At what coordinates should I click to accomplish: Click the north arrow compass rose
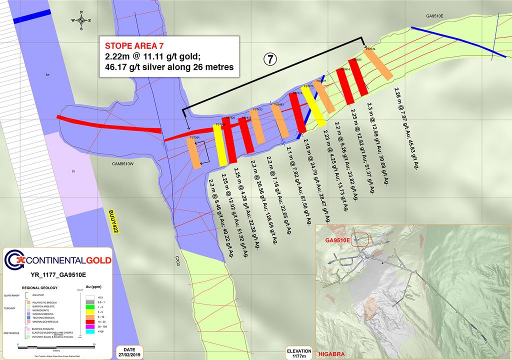pos(81,20)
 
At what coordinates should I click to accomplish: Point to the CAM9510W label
pos(122,162)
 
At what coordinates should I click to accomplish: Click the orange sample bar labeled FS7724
pos(378,65)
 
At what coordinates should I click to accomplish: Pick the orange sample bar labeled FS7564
pos(194,152)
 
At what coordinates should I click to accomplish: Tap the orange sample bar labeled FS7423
pos(257,126)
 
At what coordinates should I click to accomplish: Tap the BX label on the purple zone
pos(48,75)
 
